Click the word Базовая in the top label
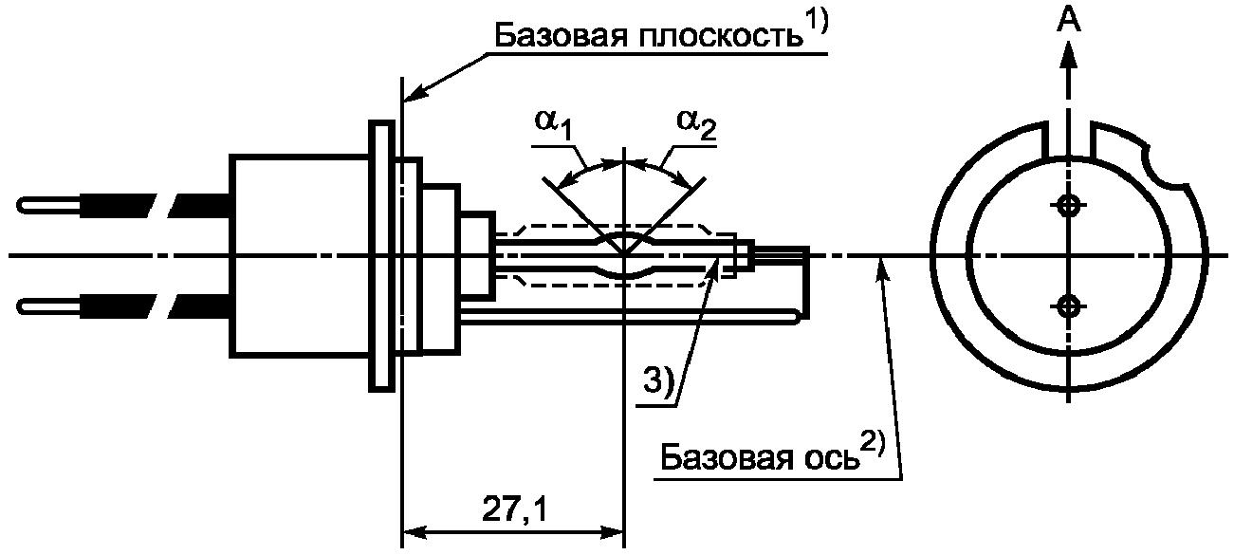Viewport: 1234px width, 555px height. [561, 36]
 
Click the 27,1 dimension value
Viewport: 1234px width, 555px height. [514, 509]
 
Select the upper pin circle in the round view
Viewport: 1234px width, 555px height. [1069, 206]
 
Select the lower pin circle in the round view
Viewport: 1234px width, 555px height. [1069, 305]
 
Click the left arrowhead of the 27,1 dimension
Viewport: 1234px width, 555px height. [415, 533]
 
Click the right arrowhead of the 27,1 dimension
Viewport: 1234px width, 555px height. [612, 533]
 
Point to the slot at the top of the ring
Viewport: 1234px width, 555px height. [1069, 140]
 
